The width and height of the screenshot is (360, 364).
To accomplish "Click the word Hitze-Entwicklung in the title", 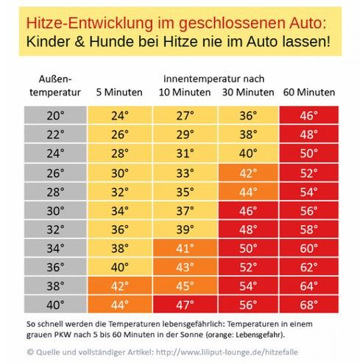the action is click(89, 23).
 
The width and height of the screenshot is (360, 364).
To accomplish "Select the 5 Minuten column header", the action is click(119, 93).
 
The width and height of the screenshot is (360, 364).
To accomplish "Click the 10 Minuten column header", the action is click(185, 93).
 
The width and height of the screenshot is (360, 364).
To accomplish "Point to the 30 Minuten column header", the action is click(248, 93).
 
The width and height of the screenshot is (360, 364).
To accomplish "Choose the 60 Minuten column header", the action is click(309, 93).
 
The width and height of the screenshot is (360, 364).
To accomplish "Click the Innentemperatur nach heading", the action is click(213, 79).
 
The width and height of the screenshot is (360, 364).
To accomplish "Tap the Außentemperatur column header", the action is click(55, 86).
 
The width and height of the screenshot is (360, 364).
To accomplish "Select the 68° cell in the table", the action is click(309, 304).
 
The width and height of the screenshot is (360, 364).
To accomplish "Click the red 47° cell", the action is click(185, 304).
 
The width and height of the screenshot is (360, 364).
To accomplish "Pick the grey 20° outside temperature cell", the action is click(55, 115).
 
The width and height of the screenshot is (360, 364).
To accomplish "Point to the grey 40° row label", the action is click(55, 304).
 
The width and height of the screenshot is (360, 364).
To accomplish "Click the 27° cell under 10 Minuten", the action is click(185, 115).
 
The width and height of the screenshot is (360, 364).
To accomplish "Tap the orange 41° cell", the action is click(185, 248).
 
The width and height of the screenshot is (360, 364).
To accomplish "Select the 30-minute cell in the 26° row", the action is click(248, 173).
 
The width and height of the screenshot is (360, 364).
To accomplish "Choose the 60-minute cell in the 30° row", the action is click(309, 211).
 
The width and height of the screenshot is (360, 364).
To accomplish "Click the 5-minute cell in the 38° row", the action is click(120, 286).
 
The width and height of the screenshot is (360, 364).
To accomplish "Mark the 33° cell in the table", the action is click(185, 173).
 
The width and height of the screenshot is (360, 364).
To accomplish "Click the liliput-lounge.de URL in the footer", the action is click(227, 352).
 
